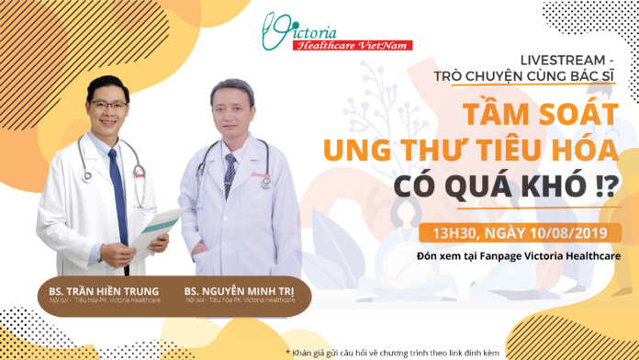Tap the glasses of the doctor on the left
pos(109,107)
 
